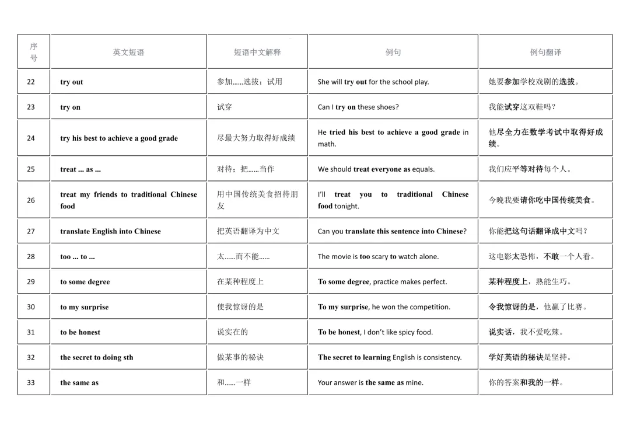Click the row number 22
(31, 82)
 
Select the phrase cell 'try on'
(70, 107)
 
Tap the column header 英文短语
(128, 53)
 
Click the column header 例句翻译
(545, 53)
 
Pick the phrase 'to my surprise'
(84, 307)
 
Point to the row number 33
(31, 383)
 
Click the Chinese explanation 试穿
(225, 107)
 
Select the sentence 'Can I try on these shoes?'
(358, 107)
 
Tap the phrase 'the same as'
(79, 383)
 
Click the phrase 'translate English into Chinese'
(110, 232)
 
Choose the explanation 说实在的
(232, 332)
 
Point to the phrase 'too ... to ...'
(78, 257)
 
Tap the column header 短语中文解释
(257, 53)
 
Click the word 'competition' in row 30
(430, 307)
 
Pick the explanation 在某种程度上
(240, 281)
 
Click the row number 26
(31, 200)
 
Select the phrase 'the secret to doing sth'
(96, 358)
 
